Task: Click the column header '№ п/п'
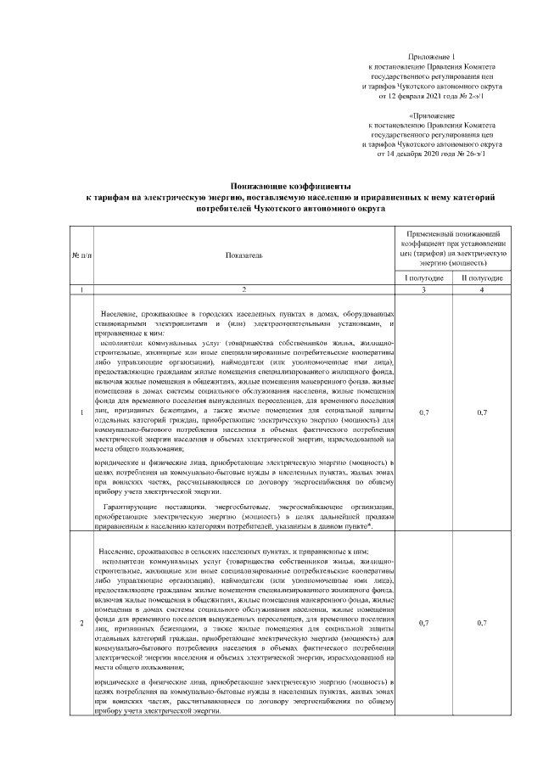click(x=81, y=254)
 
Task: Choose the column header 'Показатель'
click(x=244, y=254)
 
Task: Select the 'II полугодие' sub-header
click(x=482, y=277)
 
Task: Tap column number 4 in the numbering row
click(x=482, y=291)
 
